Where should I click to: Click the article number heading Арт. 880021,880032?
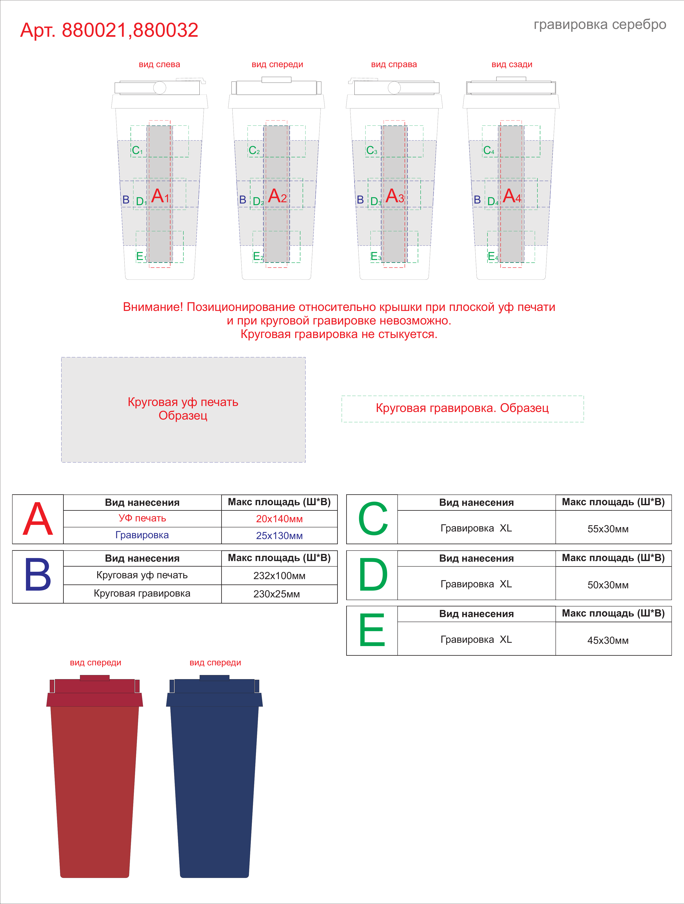coord(109,30)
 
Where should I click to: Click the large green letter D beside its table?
coord(373,575)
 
